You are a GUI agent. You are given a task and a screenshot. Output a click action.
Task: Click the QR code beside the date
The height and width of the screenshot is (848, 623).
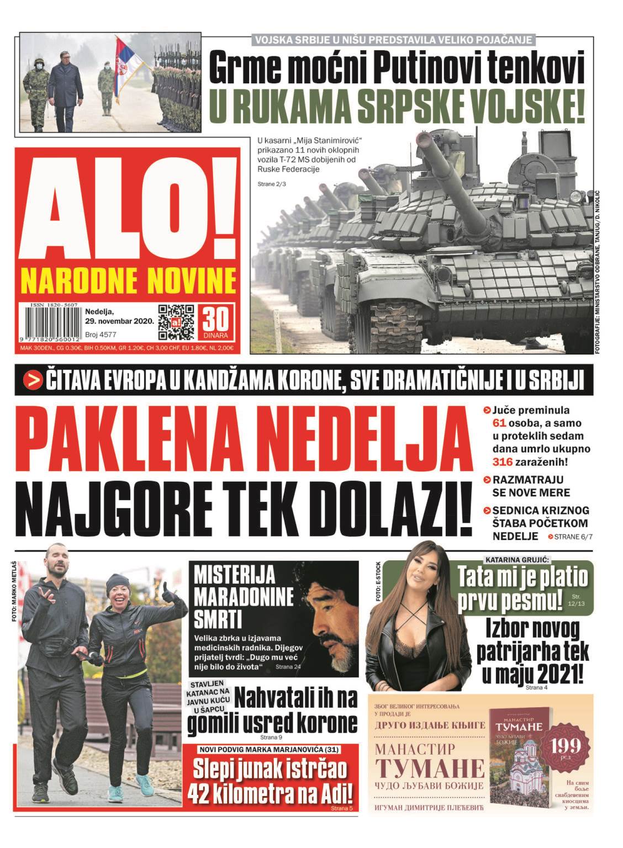click(x=176, y=321)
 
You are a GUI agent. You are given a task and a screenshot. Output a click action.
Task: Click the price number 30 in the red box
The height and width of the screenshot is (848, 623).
click(x=218, y=319)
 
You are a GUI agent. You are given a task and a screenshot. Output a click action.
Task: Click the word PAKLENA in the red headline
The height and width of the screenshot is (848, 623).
click(x=135, y=437)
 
